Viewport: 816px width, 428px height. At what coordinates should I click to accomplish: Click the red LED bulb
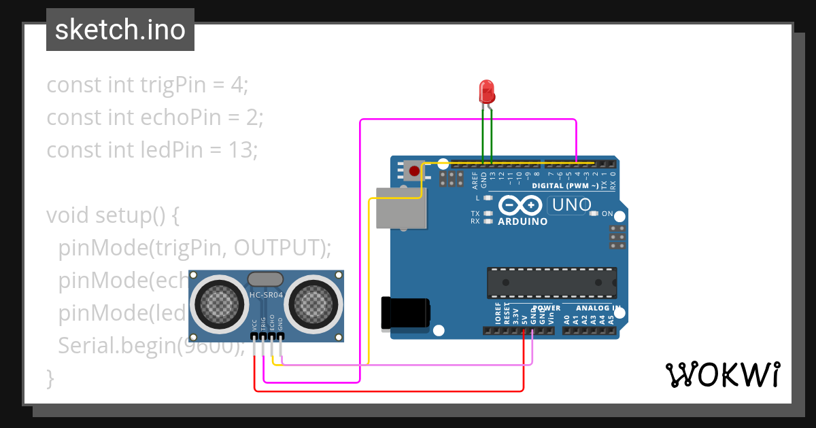tap(487, 91)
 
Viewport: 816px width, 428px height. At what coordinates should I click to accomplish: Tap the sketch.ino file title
tap(120, 30)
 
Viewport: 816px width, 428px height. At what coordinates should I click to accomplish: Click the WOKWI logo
tap(721, 374)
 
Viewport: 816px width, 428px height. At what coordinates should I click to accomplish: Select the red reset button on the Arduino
tap(413, 171)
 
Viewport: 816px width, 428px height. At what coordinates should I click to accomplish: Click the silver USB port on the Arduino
tap(401, 209)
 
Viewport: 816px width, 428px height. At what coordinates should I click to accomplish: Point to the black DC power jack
tap(406, 313)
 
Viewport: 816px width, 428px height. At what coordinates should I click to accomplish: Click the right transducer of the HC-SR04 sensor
tap(313, 302)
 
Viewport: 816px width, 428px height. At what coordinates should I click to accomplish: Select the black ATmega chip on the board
tap(551, 283)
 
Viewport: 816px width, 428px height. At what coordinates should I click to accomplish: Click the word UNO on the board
tap(571, 204)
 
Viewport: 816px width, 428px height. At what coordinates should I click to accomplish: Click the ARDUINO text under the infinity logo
tap(523, 221)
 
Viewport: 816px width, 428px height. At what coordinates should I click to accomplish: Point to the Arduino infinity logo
tap(520, 205)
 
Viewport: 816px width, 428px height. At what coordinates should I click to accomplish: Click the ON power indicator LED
tap(594, 214)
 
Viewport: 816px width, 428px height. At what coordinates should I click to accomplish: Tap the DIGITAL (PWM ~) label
tap(565, 185)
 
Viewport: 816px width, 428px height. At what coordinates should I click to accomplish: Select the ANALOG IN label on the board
tap(599, 308)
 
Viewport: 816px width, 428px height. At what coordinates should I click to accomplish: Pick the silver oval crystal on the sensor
tap(265, 279)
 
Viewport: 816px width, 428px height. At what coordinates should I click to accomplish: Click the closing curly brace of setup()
tap(50, 378)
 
